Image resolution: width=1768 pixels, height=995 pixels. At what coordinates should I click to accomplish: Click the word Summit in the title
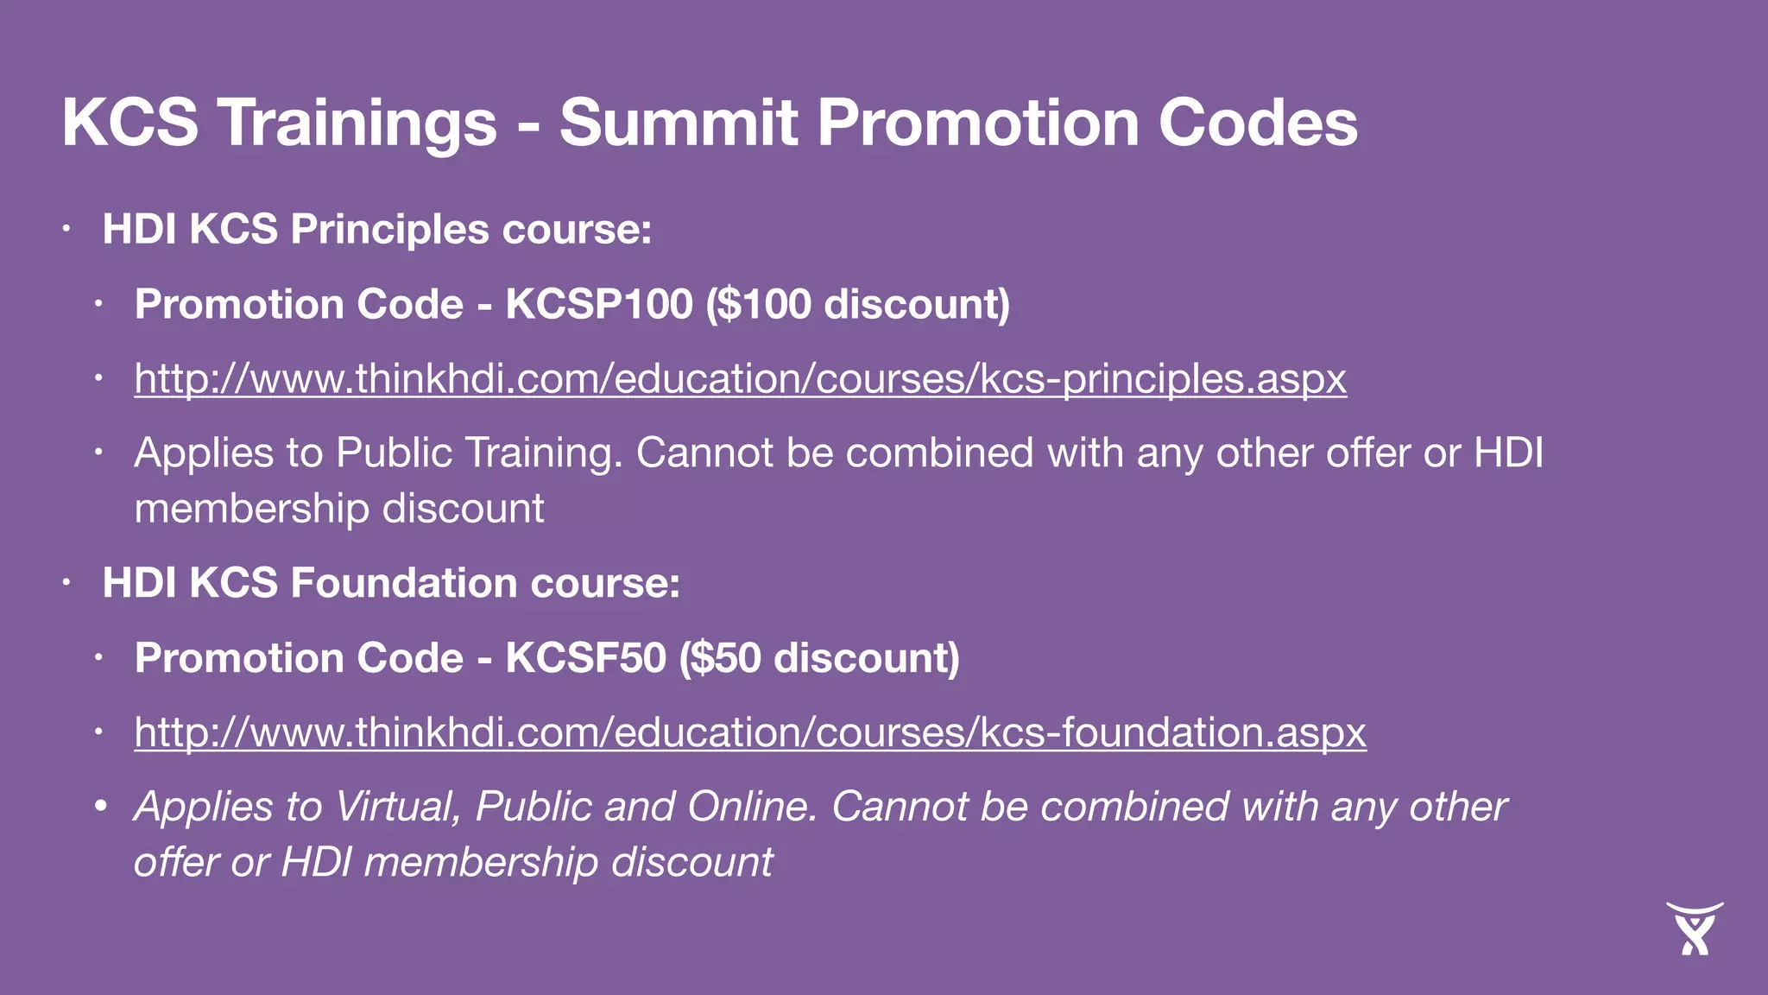pos(678,122)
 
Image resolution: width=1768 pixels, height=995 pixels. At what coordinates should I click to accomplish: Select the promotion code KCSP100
pos(599,304)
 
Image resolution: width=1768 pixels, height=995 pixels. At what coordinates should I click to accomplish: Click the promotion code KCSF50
pos(585,658)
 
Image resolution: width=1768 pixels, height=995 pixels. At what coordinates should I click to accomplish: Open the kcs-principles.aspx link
pos(740,378)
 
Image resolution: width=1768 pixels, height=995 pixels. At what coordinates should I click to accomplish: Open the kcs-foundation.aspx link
pos(749,732)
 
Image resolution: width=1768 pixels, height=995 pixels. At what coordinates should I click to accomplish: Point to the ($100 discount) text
pos(857,304)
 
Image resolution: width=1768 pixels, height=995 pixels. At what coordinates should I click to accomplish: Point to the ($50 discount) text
pos(818,658)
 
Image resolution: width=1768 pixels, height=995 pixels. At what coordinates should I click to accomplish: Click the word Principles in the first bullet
pos(390,230)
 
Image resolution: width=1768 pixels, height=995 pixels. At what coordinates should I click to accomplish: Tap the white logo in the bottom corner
pos(1694,928)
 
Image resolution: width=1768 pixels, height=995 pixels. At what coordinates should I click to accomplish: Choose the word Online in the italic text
pos(751,807)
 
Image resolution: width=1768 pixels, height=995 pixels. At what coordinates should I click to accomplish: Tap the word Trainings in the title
pos(357,122)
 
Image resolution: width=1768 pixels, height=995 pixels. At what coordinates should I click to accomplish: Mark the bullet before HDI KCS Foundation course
pos(66,583)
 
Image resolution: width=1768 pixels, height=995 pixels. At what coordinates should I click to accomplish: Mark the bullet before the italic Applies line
pos(100,807)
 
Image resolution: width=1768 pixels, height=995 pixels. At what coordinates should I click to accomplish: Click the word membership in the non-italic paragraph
pos(252,509)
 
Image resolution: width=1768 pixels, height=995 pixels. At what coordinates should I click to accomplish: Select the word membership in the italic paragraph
pos(481,862)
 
